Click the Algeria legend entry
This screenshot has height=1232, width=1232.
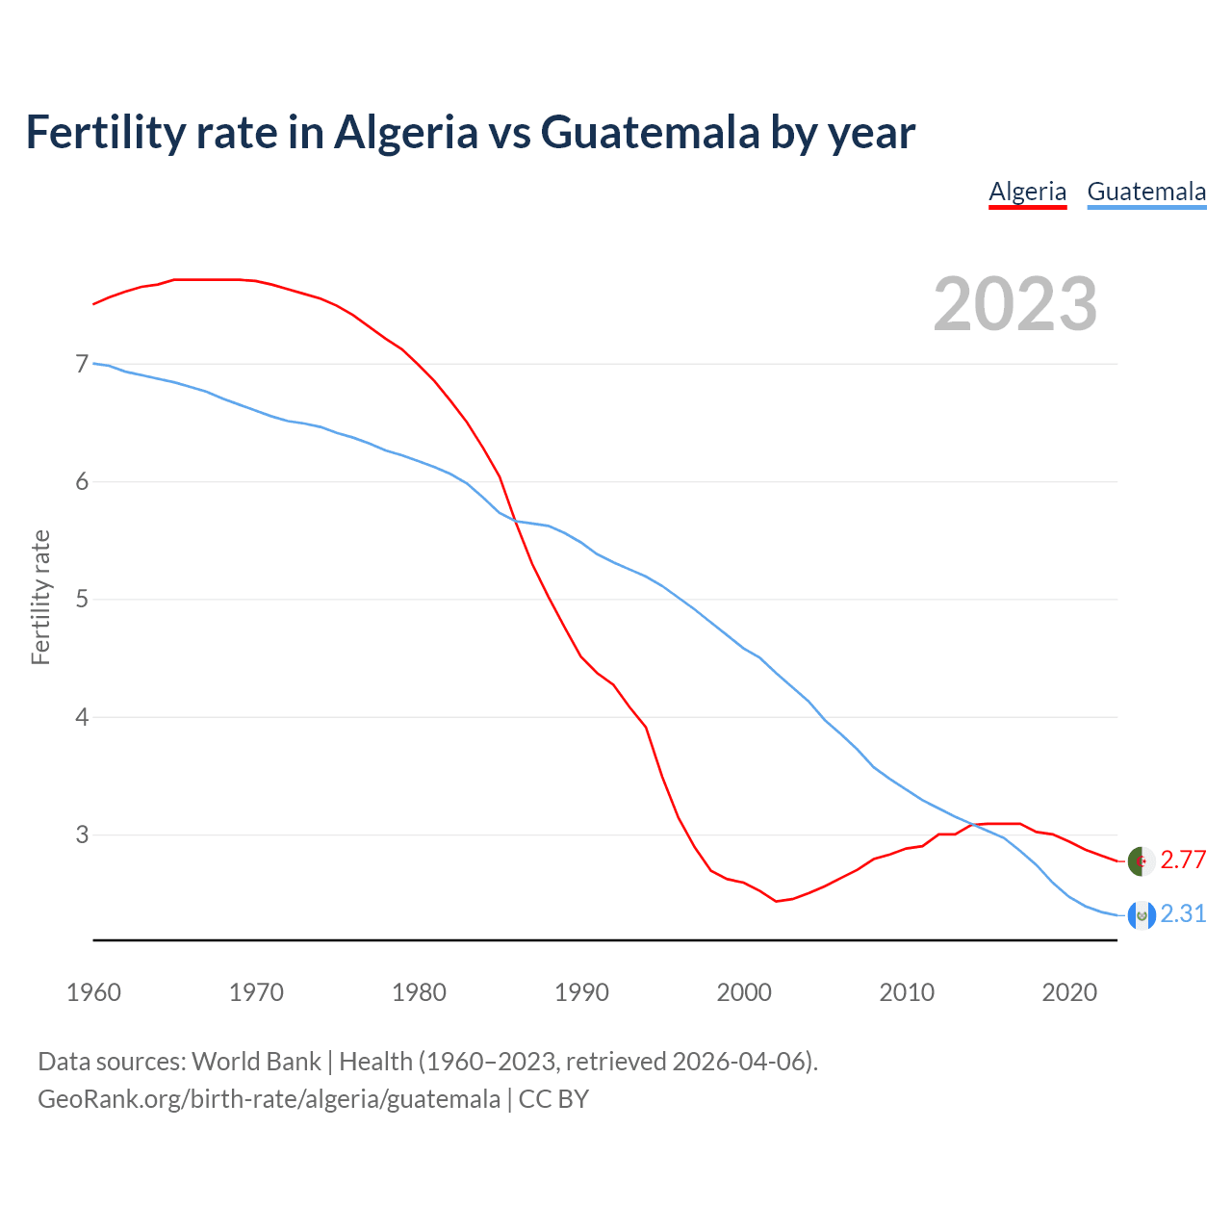[x=1027, y=192]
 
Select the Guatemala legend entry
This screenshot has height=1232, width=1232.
[x=1145, y=192]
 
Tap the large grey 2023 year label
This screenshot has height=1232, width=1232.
[x=1014, y=304]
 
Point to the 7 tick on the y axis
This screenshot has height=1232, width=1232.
[x=82, y=364]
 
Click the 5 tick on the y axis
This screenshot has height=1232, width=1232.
[x=82, y=600]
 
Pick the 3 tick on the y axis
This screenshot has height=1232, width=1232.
[x=82, y=834]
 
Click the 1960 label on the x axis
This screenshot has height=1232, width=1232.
[x=93, y=992]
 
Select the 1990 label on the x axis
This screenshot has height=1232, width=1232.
[x=581, y=992]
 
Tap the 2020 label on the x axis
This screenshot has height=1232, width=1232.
[x=1069, y=992]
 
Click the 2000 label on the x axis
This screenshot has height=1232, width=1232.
[x=744, y=992]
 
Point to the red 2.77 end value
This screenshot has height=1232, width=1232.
[x=1183, y=860]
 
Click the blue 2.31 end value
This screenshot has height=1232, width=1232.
[x=1183, y=914]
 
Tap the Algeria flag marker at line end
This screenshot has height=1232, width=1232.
[x=1141, y=861]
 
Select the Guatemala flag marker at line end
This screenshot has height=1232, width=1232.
[x=1141, y=915]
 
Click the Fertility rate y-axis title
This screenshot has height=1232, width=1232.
[x=40, y=597]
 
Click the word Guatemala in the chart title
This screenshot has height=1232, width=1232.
[x=650, y=132]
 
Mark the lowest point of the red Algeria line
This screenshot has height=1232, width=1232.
[x=776, y=901]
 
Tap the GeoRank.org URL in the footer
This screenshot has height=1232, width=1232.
[x=269, y=1098]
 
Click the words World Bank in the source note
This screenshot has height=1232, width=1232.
[x=256, y=1062]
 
